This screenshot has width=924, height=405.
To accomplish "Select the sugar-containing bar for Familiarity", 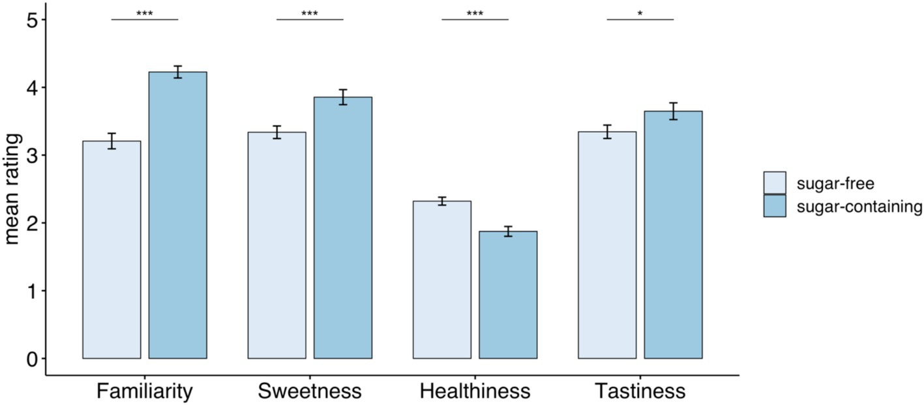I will pos(177,215).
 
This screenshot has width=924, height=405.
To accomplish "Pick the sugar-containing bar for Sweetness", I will pos(343,228).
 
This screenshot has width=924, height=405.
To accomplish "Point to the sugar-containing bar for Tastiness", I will pos(673,235).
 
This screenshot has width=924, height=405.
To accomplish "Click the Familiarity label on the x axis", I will pos(144,391).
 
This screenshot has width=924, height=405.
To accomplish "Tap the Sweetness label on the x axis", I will pos(310,391).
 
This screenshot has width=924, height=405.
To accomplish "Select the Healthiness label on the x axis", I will pos(475,391).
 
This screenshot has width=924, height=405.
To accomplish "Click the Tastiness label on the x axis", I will pos(640,391).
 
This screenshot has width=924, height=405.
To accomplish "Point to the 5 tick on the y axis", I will pos(31,20).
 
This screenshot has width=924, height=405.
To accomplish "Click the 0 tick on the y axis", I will pos(31,358).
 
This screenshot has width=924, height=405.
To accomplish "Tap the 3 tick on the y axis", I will pos(31,155).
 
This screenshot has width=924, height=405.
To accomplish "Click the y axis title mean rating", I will pos(12,189).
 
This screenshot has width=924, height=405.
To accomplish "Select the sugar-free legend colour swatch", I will pos(775,183).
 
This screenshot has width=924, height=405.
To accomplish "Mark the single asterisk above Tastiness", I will pos(640,13).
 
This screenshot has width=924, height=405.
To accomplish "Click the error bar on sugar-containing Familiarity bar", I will pos(177,72).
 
